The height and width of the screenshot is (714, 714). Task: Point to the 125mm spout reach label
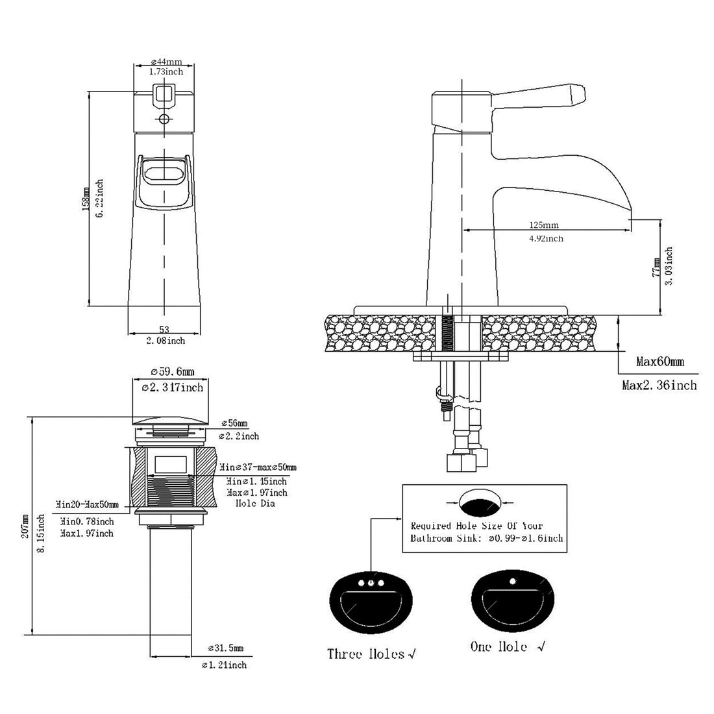pyautogui.click(x=543, y=225)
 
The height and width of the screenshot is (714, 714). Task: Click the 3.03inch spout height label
pyautogui.click(x=668, y=266)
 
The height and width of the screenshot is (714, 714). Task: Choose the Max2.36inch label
pyautogui.click(x=659, y=386)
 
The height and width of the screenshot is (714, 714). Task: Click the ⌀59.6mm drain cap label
pyautogui.click(x=171, y=372)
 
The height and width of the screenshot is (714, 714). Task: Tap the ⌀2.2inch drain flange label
pyautogui.click(x=239, y=436)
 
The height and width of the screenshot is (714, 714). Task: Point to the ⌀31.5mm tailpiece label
pyautogui.click(x=225, y=648)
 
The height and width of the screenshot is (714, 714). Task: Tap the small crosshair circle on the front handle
pyautogui.click(x=164, y=119)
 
